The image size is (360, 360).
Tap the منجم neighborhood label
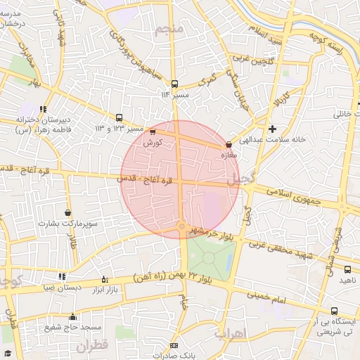172,28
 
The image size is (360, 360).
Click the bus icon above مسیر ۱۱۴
174,84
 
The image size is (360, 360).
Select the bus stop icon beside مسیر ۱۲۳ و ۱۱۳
119,117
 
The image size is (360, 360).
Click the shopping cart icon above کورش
153,131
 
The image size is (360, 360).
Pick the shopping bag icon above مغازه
229,145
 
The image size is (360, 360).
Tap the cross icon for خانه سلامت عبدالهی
272,129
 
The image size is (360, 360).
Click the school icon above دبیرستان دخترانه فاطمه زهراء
44,109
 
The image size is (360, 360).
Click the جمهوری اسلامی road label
292,194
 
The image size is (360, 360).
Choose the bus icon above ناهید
347,269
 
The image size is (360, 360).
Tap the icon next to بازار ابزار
105,279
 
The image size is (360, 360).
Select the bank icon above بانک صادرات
174,345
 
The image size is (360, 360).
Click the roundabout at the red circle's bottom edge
181,226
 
